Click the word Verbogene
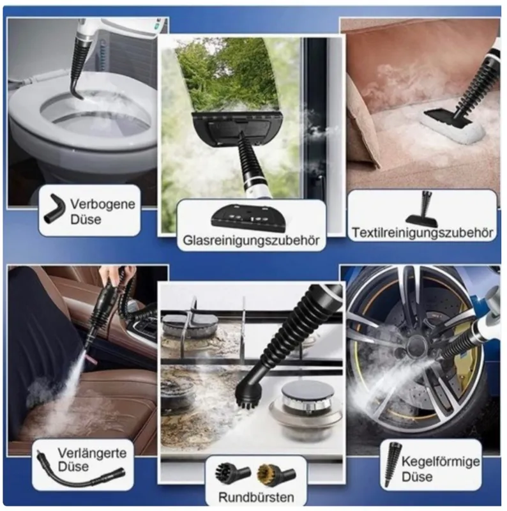103,204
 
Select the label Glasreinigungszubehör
251,241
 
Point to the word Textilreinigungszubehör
423,233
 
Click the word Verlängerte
92,453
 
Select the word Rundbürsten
256,498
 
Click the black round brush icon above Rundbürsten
232,472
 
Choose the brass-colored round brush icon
276,473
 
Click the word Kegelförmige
440,461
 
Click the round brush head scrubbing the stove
248,396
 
